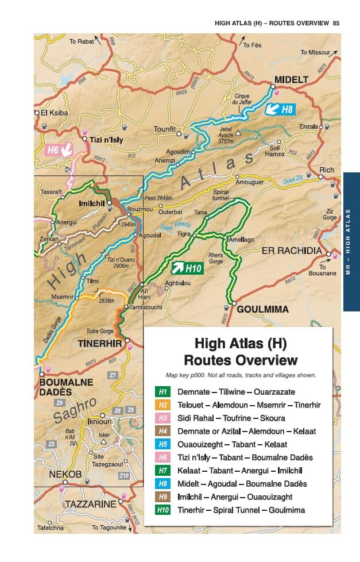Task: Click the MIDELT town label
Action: pyautogui.click(x=291, y=79)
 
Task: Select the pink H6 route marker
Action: pyautogui.click(x=59, y=150)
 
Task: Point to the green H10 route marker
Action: pyautogui.click(x=187, y=267)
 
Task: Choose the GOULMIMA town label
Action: pyautogui.click(x=262, y=309)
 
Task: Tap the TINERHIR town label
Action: pyautogui.click(x=100, y=344)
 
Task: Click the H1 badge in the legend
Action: pyautogui.click(x=163, y=391)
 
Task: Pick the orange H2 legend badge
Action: pyautogui.click(x=163, y=405)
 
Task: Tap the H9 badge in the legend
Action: pyautogui.click(x=163, y=496)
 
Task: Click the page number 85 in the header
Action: pyautogui.click(x=336, y=24)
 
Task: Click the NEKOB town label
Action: pyautogui.click(x=61, y=474)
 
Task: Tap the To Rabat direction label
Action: pyautogui.click(x=81, y=41)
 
